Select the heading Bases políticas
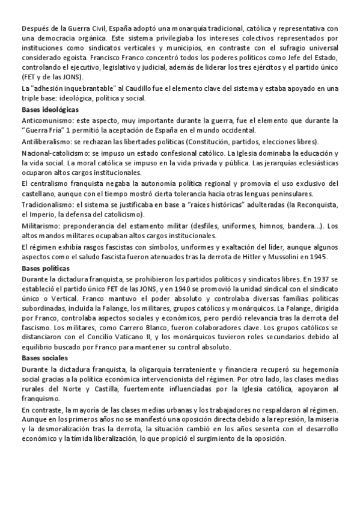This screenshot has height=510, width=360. coord(45,268)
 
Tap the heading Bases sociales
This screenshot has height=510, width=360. coord(44,358)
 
